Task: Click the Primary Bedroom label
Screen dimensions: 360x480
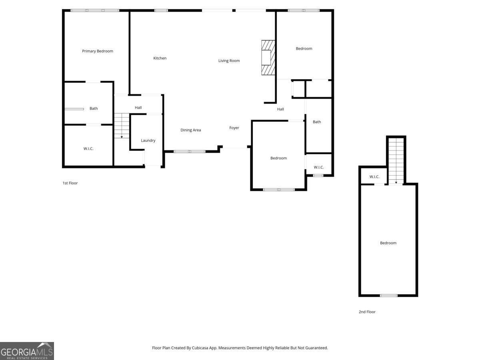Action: pyautogui.click(x=98, y=51)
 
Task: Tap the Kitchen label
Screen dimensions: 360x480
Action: pyautogui.click(x=160, y=58)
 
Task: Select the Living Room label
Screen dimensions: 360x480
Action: pyautogui.click(x=229, y=61)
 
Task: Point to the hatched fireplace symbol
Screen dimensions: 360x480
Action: pyautogui.click(x=268, y=58)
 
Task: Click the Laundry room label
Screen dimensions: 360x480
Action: pyautogui.click(x=148, y=141)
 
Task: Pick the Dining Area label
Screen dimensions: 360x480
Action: pyautogui.click(x=191, y=130)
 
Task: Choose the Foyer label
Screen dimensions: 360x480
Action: pyautogui.click(x=234, y=128)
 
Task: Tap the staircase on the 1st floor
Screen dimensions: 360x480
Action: pyautogui.click(x=122, y=126)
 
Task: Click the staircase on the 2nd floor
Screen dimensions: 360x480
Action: pyautogui.click(x=396, y=160)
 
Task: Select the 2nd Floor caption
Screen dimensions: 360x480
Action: pyautogui.click(x=367, y=312)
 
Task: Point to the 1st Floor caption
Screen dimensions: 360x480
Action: pyautogui.click(x=70, y=183)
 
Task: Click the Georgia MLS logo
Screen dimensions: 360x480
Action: pyautogui.click(x=27, y=351)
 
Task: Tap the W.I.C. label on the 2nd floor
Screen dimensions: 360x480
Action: pyautogui.click(x=374, y=177)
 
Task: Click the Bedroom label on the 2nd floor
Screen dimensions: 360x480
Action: pyautogui.click(x=388, y=243)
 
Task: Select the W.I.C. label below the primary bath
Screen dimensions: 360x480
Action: pyautogui.click(x=88, y=149)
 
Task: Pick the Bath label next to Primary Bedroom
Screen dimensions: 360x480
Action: pyautogui.click(x=94, y=109)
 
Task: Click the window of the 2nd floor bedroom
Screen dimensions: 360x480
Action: pyautogui.click(x=388, y=296)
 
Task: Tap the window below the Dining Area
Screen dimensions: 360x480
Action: pyautogui.click(x=190, y=152)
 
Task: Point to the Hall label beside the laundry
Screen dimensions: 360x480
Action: pyautogui.click(x=138, y=108)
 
